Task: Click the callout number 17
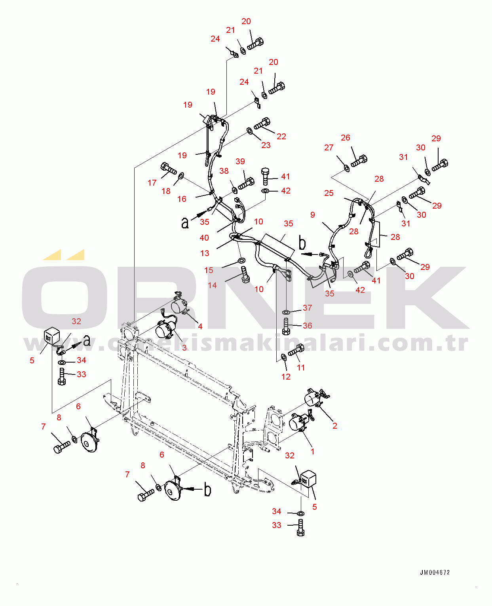(152, 182)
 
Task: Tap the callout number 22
(281, 137)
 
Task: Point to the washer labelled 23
(249, 131)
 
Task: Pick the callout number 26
(346, 138)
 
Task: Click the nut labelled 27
(347, 169)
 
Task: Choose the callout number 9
(313, 215)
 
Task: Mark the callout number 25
(329, 193)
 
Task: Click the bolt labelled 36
(286, 326)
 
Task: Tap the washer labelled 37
(286, 312)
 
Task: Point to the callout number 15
(209, 270)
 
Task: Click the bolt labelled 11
(296, 350)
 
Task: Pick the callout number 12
(286, 377)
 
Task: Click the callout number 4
(200, 327)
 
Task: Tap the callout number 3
(184, 348)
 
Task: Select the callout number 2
(335, 426)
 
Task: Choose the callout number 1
(312, 452)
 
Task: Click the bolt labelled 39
(246, 183)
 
